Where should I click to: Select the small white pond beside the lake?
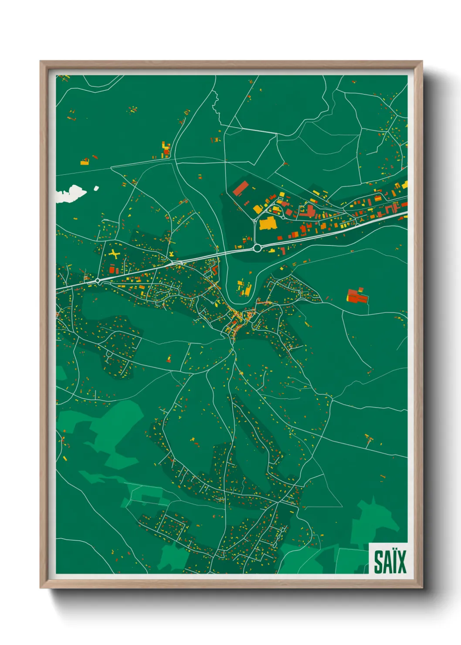point(96,188)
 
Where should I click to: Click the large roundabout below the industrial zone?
point(257,248)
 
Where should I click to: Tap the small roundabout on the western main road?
point(98,282)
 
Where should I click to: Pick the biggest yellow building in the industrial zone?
point(268,224)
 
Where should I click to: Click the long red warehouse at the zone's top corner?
point(240,189)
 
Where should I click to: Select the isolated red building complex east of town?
point(357,296)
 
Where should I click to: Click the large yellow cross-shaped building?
point(114,254)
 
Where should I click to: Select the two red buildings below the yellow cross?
point(114,270)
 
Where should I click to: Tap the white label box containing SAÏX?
point(388,558)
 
